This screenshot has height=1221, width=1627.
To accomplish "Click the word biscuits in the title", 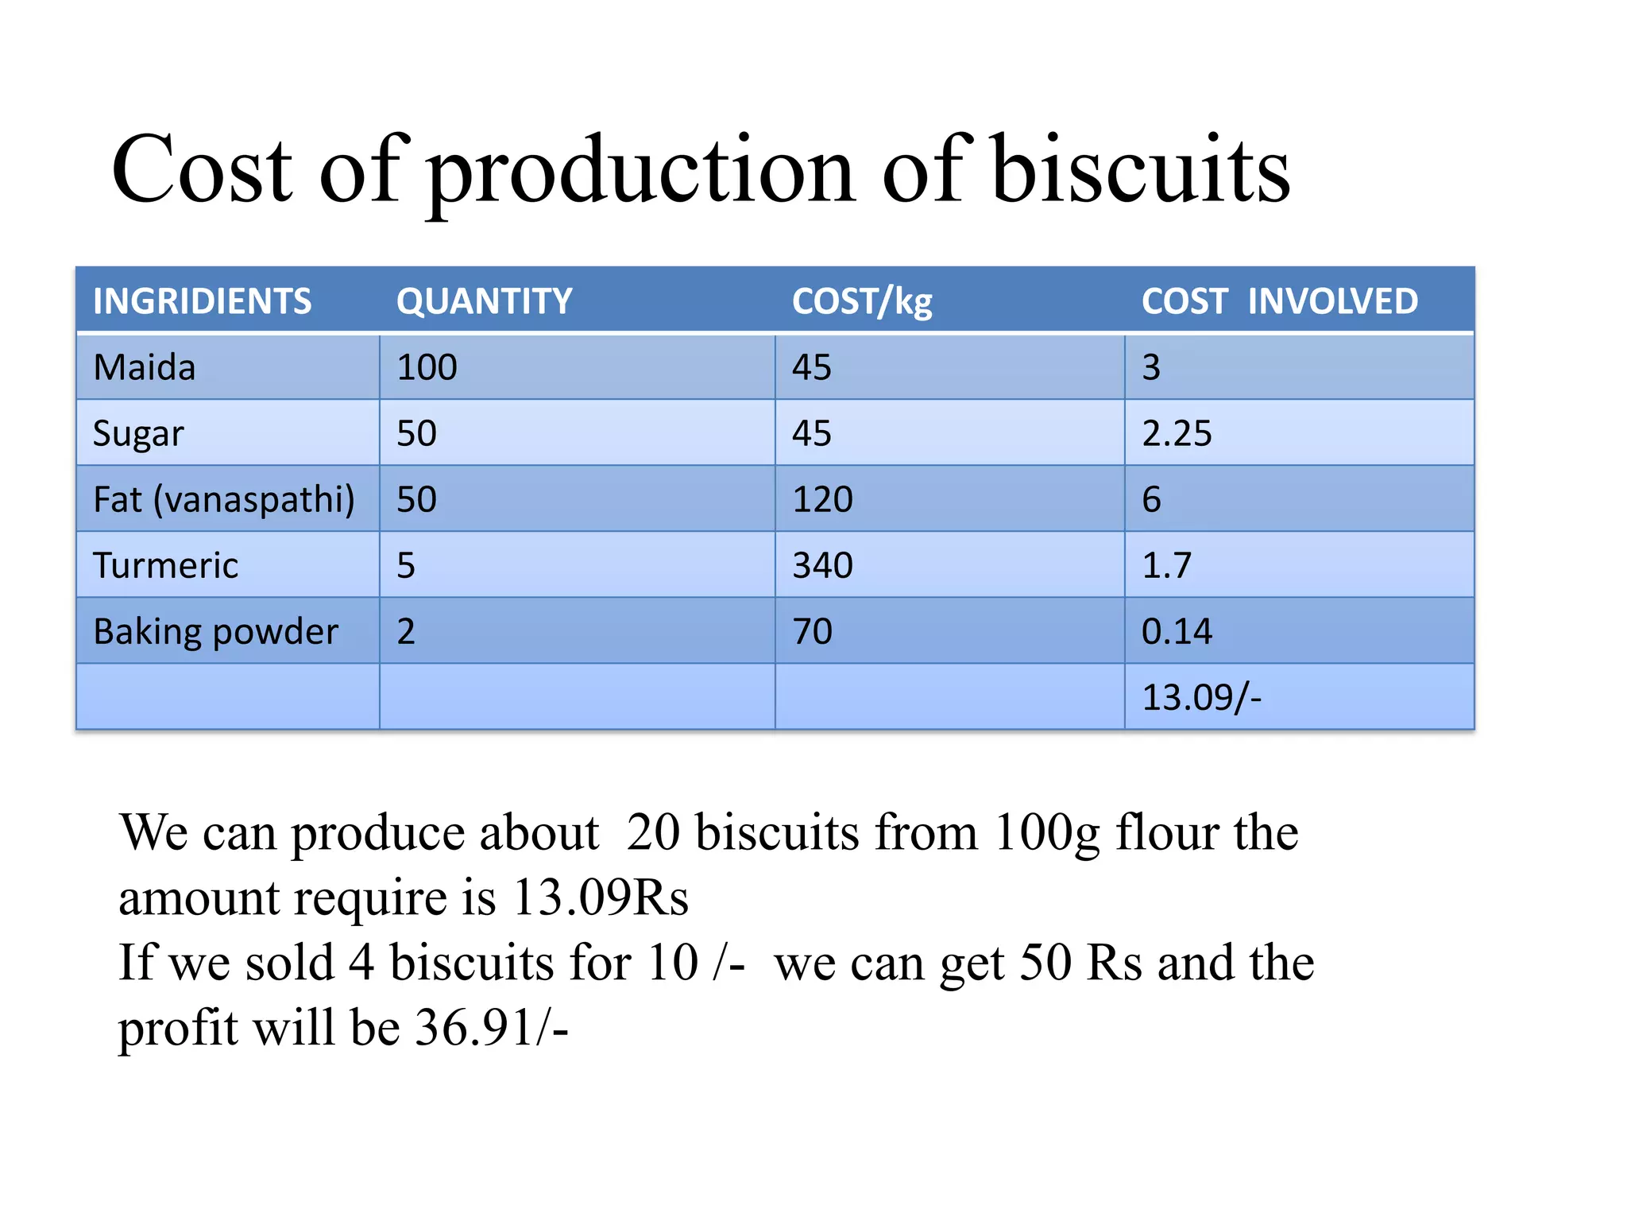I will click(1141, 169).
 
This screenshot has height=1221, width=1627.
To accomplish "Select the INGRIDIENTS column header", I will click(202, 301).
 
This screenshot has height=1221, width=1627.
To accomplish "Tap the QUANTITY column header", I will click(484, 301).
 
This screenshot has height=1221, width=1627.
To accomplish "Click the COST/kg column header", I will click(862, 302).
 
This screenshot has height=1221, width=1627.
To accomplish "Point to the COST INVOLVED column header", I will click(1279, 301).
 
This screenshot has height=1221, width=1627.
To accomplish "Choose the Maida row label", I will click(144, 367).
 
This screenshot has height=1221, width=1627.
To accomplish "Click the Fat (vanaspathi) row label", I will click(223, 499).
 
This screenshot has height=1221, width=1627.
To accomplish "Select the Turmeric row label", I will click(165, 565).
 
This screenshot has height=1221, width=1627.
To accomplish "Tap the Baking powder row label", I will click(215, 632).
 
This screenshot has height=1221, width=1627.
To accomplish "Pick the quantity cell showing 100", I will click(427, 367).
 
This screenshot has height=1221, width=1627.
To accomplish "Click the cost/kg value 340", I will click(822, 565).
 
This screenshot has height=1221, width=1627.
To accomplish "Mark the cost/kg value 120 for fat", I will click(822, 499).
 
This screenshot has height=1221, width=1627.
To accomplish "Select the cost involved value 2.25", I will click(1177, 433).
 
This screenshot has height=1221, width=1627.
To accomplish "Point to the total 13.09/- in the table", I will click(1200, 697).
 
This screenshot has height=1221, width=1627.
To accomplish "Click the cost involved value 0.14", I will click(1177, 632).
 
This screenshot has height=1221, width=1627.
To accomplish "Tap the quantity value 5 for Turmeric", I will click(406, 565).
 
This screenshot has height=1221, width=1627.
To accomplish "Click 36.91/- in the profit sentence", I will click(492, 1027).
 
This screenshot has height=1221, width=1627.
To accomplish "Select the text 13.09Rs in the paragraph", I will click(601, 897).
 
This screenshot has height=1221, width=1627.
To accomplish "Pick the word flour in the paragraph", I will click(1167, 832).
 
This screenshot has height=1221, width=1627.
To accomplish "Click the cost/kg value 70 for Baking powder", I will click(812, 632).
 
